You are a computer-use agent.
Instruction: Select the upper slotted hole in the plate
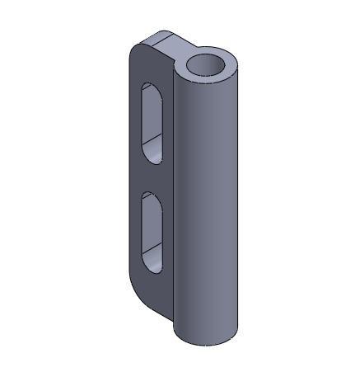coord(152,122)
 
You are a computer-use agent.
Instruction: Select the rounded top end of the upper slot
coord(152,88)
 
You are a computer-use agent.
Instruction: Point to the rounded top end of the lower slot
coord(152,199)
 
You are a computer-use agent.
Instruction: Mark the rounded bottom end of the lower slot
coord(152,266)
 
